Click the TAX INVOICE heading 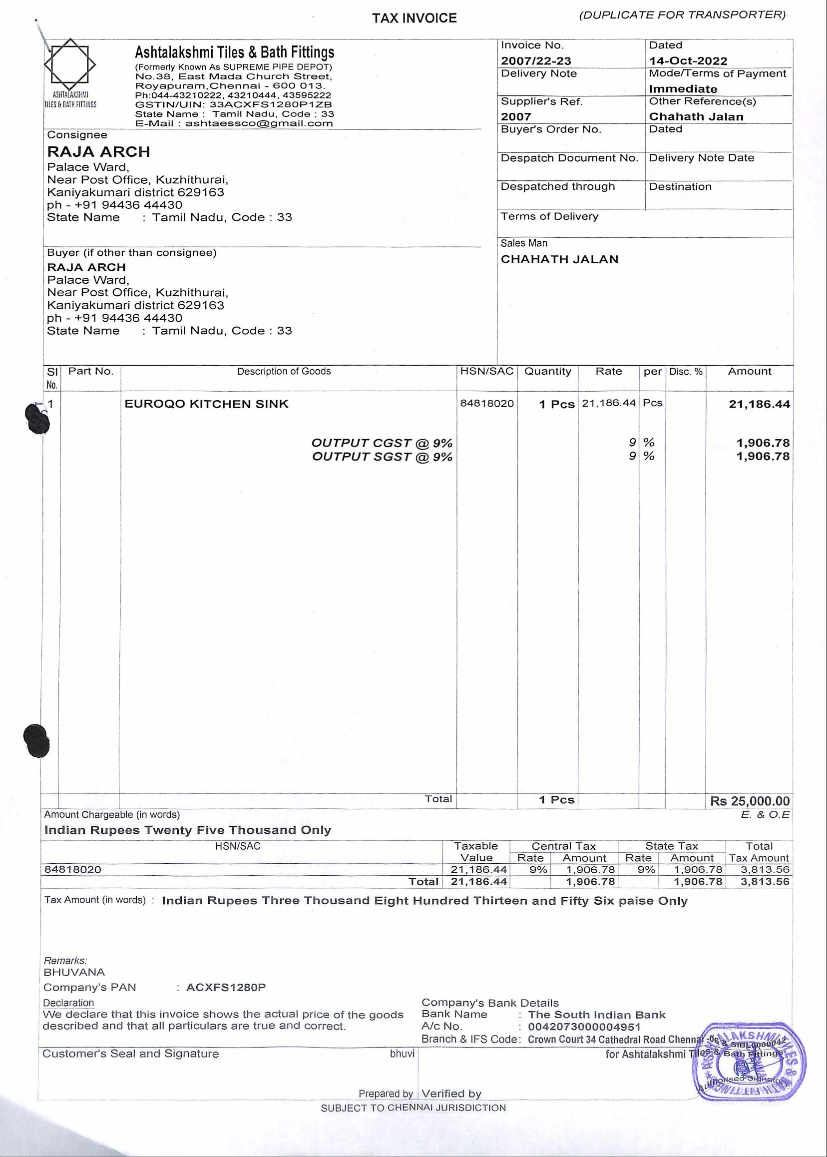(x=414, y=18)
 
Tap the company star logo (x=70, y=65)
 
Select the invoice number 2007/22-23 (x=536, y=61)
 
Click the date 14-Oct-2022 (x=688, y=61)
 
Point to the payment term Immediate (x=682, y=89)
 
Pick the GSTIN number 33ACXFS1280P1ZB (x=270, y=104)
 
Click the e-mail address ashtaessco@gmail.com (x=259, y=123)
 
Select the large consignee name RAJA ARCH (x=98, y=152)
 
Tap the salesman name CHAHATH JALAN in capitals (x=559, y=259)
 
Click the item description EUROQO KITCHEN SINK (x=206, y=404)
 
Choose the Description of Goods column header (x=284, y=371)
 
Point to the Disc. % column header (x=686, y=371)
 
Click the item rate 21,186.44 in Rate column (x=609, y=403)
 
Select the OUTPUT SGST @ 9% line (x=382, y=457)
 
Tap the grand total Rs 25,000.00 (x=750, y=801)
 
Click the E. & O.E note (x=765, y=815)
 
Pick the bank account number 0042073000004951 (x=584, y=1027)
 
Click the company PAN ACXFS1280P (x=226, y=987)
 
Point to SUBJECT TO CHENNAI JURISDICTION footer (x=413, y=1108)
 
